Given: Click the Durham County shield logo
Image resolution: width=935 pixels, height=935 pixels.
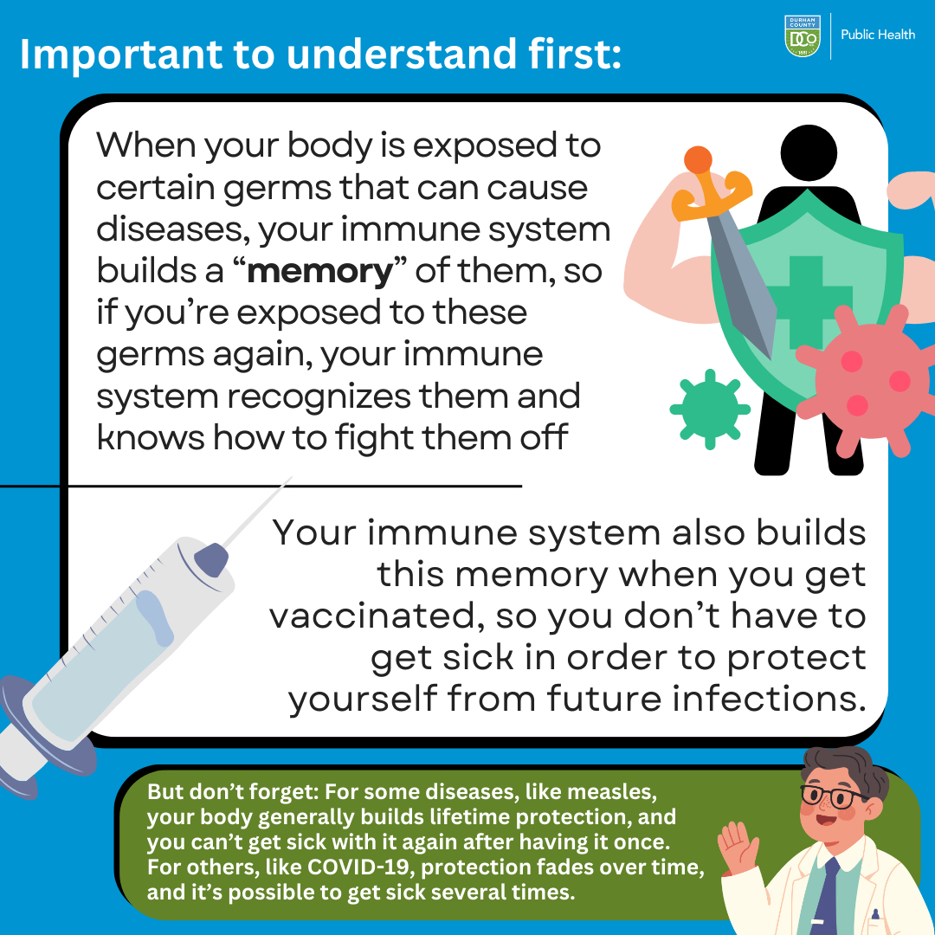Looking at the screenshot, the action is tap(802, 36).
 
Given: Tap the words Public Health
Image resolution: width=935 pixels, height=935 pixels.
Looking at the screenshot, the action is tap(878, 35).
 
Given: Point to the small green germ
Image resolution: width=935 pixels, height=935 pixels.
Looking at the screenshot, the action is tap(710, 409).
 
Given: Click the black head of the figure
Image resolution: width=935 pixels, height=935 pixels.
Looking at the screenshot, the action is tap(808, 152).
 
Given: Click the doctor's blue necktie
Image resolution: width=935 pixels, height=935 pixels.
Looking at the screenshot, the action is tap(826, 898).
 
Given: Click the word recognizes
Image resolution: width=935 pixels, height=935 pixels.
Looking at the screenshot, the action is tap(319, 397).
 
